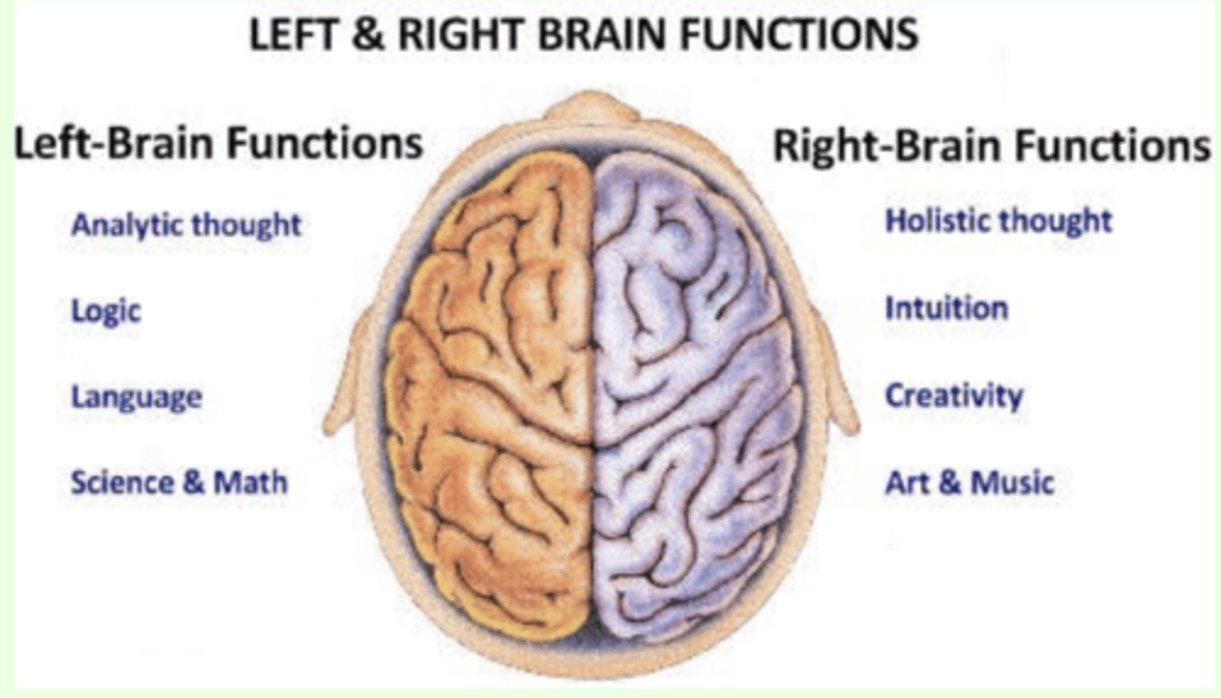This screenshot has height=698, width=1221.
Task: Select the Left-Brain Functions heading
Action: [219, 143]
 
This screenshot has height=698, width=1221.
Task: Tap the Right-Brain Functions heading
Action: [991, 146]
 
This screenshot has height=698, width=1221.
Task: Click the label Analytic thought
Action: [186, 226]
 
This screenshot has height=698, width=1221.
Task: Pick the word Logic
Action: [106, 310]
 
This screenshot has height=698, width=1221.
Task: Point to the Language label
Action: [137, 397]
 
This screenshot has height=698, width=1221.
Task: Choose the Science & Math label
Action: [179, 483]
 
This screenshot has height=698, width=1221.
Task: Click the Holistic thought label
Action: [998, 221]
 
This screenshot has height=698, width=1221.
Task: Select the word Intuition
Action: [946, 308]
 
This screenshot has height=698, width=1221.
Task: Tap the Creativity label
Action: [954, 396]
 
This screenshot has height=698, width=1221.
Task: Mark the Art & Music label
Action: [969, 483]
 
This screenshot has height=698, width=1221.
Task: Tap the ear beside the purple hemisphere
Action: [835, 373]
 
